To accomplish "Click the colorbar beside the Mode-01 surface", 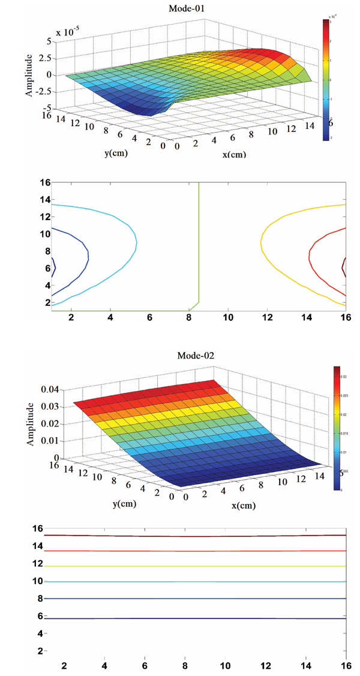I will tap(326, 79).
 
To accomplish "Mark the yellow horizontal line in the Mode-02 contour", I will tap(198, 566).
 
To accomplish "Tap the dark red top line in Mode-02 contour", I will tap(198, 536).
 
